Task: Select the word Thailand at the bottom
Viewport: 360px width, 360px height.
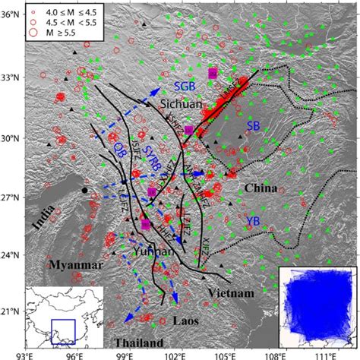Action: pos(136,343)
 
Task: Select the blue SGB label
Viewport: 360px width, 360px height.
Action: pos(186,84)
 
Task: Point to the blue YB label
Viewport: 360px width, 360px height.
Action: pos(254,220)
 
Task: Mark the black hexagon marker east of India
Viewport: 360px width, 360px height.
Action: pos(84,190)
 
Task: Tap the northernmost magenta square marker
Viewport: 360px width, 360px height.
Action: pos(213,73)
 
